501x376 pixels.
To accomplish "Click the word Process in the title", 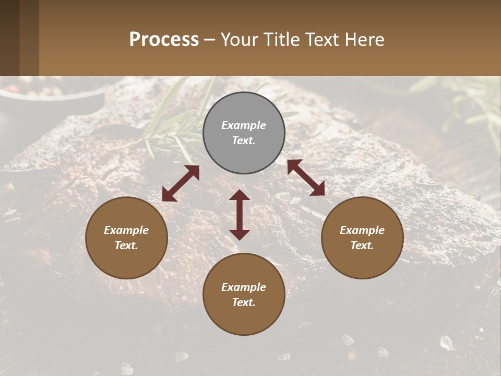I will [164, 40].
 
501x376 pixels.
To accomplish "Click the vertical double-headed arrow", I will [240, 215].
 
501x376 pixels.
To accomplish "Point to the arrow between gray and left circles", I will [181, 183].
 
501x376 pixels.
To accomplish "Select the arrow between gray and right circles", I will [306, 178].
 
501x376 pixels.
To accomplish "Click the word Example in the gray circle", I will [244, 125].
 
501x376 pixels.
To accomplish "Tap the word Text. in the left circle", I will [126, 245].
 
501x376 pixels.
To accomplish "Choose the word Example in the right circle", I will [362, 230].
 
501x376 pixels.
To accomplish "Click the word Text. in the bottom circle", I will [244, 302].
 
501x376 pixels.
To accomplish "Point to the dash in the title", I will [210, 40].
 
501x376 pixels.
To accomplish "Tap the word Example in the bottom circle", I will [244, 287].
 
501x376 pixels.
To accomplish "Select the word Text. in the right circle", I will [362, 245].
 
